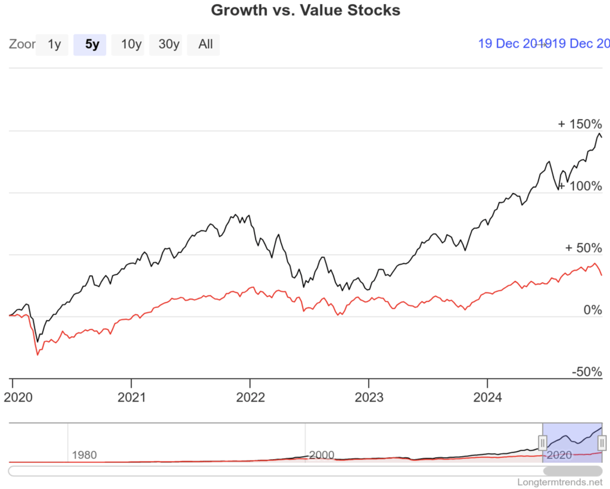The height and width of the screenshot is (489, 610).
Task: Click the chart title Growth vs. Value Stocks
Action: click(306, 10)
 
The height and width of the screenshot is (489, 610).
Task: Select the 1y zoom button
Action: click(54, 44)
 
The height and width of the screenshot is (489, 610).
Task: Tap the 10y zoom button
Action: click(131, 44)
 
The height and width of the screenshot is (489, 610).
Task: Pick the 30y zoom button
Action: click(168, 44)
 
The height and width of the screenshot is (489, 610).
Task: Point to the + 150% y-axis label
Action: click(580, 124)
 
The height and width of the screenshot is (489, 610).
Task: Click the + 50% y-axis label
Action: click(583, 248)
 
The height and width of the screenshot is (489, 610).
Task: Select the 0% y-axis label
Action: click(592, 310)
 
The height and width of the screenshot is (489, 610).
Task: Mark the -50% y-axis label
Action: click(587, 372)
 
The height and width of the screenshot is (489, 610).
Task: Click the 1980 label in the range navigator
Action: click(84, 455)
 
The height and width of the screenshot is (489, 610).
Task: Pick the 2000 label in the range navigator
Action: click(322, 455)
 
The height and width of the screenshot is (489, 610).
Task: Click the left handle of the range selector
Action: click(543, 443)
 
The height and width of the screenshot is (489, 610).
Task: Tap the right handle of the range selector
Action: click(602, 443)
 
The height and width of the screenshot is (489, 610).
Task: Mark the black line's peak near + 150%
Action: click(599, 133)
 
